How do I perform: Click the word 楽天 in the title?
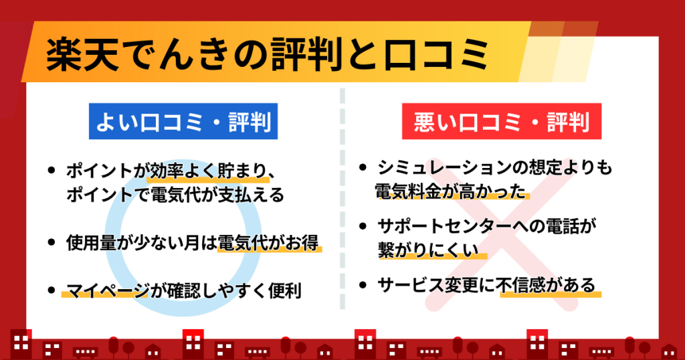click(82, 55)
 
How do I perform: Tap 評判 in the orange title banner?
click(307, 55)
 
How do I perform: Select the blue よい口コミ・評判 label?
click(183, 122)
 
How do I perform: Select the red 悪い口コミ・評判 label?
click(502, 122)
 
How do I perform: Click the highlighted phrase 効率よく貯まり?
click(207, 171)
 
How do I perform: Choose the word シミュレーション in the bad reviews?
click(446, 167)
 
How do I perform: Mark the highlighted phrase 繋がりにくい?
click(429, 250)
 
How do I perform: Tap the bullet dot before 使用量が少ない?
click(52, 242)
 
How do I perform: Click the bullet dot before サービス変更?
click(363, 285)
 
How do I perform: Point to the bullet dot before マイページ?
click(52, 290)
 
